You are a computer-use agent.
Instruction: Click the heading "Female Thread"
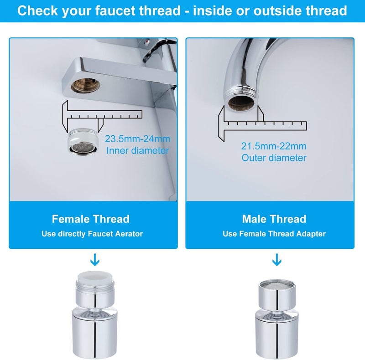[90, 219]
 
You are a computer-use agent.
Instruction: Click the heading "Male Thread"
[274, 219]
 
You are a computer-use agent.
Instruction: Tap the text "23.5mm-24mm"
[137, 139]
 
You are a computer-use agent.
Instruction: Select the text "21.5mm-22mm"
[274, 146]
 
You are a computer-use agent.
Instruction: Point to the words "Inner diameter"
[137, 150]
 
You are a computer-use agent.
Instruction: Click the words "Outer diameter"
[274, 158]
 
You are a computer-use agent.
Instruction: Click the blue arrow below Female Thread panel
[94, 260]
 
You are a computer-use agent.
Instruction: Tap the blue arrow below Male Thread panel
[276, 260]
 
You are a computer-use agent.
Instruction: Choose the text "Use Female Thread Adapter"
[274, 234]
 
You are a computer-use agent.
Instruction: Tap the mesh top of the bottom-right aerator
[276, 284]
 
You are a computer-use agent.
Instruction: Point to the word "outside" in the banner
[271, 10]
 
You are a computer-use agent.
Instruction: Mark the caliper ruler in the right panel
[265, 123]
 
